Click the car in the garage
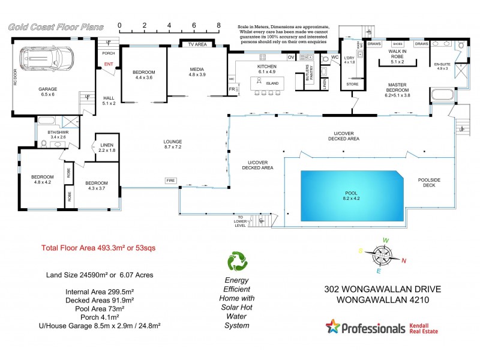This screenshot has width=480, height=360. (x=46, y=59)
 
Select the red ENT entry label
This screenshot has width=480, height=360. (x=109, y=64)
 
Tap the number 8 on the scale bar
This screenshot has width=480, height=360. (x=218, y=26)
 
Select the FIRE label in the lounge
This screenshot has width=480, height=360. (x=171, y=180)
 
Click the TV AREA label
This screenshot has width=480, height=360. (x=197, y=44)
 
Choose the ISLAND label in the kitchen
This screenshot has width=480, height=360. (x=267, y=85)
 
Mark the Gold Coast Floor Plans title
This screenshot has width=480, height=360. (x=55, y=27)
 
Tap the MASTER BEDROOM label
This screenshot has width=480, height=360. (x=398, y=89)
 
